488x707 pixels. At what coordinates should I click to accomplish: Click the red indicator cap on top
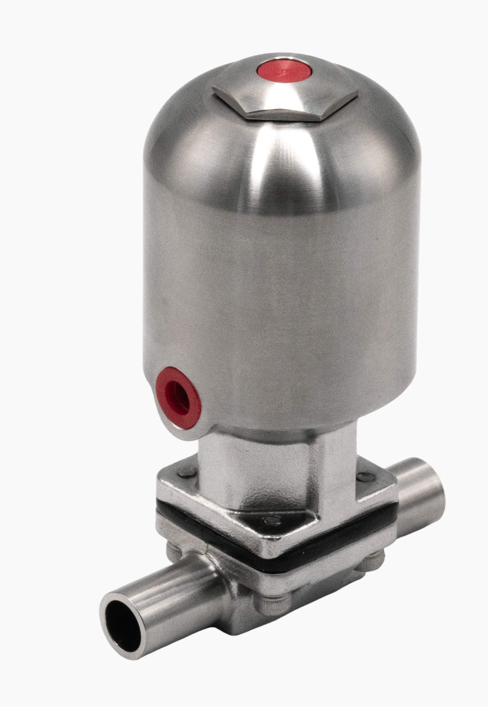[x=283, y=69]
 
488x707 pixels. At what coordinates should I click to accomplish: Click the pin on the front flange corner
[x=270, y=521]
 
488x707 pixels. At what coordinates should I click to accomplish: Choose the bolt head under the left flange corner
[x=173, y=551]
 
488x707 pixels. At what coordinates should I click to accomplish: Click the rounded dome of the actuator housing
[x=281, y=151]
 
